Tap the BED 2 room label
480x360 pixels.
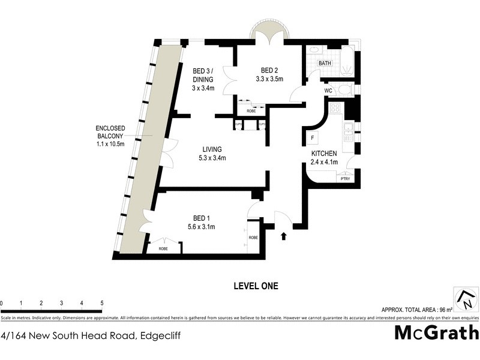point(269,70)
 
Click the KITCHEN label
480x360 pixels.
point(324,154)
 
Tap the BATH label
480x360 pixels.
point(325,63)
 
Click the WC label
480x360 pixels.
point(328,91)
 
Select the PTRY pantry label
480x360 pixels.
point(345,178)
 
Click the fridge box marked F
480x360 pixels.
point(313,137)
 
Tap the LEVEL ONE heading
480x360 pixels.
point(256,286)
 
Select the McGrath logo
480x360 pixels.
point(436,332)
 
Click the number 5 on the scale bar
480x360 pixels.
point(102,303)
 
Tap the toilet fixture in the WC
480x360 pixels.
point(344,90)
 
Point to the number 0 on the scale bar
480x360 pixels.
point(2,303)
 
